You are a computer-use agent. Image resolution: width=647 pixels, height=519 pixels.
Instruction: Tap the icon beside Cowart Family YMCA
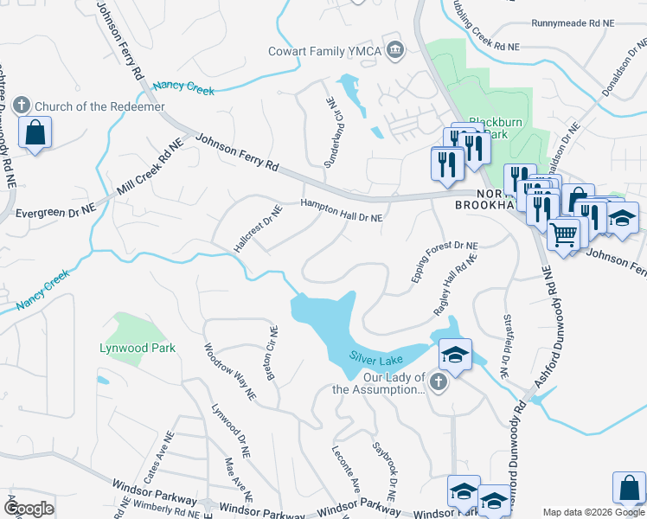point(396,50)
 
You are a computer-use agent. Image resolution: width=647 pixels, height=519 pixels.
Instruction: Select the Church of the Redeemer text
point(87,106)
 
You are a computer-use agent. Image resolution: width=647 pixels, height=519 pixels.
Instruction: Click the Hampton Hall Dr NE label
point(341,211)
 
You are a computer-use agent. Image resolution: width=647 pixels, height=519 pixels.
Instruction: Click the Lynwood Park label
point(137,348)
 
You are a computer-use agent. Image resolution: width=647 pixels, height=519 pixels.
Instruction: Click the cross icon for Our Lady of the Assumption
point(439,382)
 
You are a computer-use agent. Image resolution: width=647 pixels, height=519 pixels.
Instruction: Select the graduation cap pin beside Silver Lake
point(455,354)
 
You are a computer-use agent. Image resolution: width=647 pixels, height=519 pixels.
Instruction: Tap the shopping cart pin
point(563,234)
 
